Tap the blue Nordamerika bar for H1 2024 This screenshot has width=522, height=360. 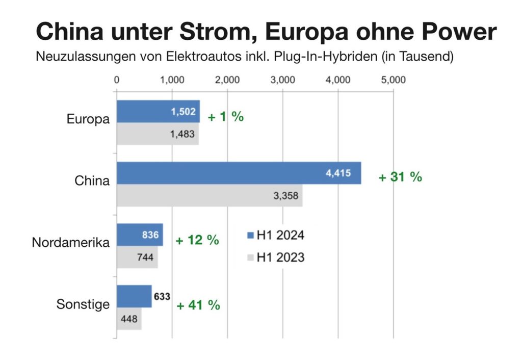tap(140, 235)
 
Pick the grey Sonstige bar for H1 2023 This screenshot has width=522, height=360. tap(129, 319)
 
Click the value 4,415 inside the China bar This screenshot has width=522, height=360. tap(338, 173)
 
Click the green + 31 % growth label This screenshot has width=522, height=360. tap(400, 177)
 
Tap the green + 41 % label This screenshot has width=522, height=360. tap(198, 305)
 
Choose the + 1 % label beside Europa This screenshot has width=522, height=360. tap(226, 116)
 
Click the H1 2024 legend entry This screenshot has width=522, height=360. tap(275, 235)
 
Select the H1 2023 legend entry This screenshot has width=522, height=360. tap(275, 257)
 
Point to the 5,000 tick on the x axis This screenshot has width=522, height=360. tap(393, 80)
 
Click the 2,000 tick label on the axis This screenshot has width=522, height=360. tap(227, 80)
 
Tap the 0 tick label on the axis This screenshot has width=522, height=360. tap(117, 80)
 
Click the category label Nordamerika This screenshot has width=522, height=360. tap(70, 243)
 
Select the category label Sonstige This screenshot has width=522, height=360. tap(83, 305)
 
